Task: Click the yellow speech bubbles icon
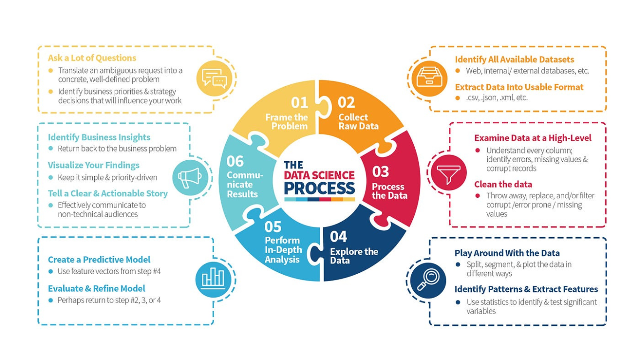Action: pyautogui.click(x=214, y=78)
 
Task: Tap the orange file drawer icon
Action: pyautogui.click(x=430, y=78)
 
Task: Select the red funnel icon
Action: pyautogui.click(x=448, y=172)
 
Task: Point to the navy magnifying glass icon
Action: pyautogui.click(x=428, y=280)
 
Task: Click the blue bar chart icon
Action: pyautogui.click(x=213, y=279)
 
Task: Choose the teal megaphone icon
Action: pyautogui.click(x=190, y=178)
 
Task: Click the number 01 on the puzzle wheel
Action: pyautogui.click(x=299, y=103)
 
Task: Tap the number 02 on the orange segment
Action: pyautogui.click(x=346, y=102)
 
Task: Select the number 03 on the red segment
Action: pyautogui.click(x=380, y=172)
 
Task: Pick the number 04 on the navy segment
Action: pyautogui.click(x=338, y=236)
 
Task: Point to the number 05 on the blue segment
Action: pyautogui.click(x=273, y=227)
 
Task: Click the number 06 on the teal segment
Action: pyautogui.click(x=235, y=161)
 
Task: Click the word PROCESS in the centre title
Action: pyautogui.click(x=320, y=188)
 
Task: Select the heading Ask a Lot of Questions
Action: pyautogui.click(x=92, y=58)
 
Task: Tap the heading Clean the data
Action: pyautogui.click(x=503, y=184)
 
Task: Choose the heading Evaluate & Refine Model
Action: pyautogui.click(x=97, y=288)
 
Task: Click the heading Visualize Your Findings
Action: pyautogui.click(x=94, y=165)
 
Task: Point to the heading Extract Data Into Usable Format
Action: pyautogui.click(x=519, y=87)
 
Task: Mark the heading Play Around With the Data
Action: pyautogui.click(x=507, y=253)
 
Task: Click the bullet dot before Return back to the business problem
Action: pyautogui.click(x=51, y=149)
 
